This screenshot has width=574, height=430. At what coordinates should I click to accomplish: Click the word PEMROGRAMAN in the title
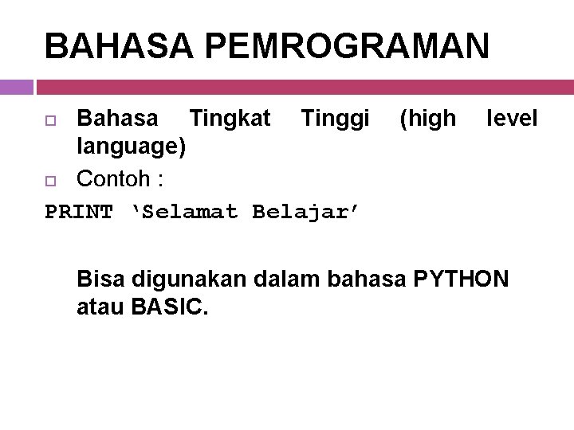[x=347, y=46]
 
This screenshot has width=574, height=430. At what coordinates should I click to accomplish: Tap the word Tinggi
[x=335, y=119]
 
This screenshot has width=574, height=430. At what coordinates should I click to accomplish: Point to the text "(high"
[x=427, y=119]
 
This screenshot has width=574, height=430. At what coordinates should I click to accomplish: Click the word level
[x=513, y=119]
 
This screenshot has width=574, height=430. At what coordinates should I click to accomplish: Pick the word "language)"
[x=132, y=147]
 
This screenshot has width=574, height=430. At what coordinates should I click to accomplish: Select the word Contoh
[x=113, y=178]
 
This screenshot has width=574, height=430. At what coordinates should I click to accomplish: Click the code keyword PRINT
[x=79, y=212]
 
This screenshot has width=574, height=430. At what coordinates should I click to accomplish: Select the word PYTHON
[x=462, y=279]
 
